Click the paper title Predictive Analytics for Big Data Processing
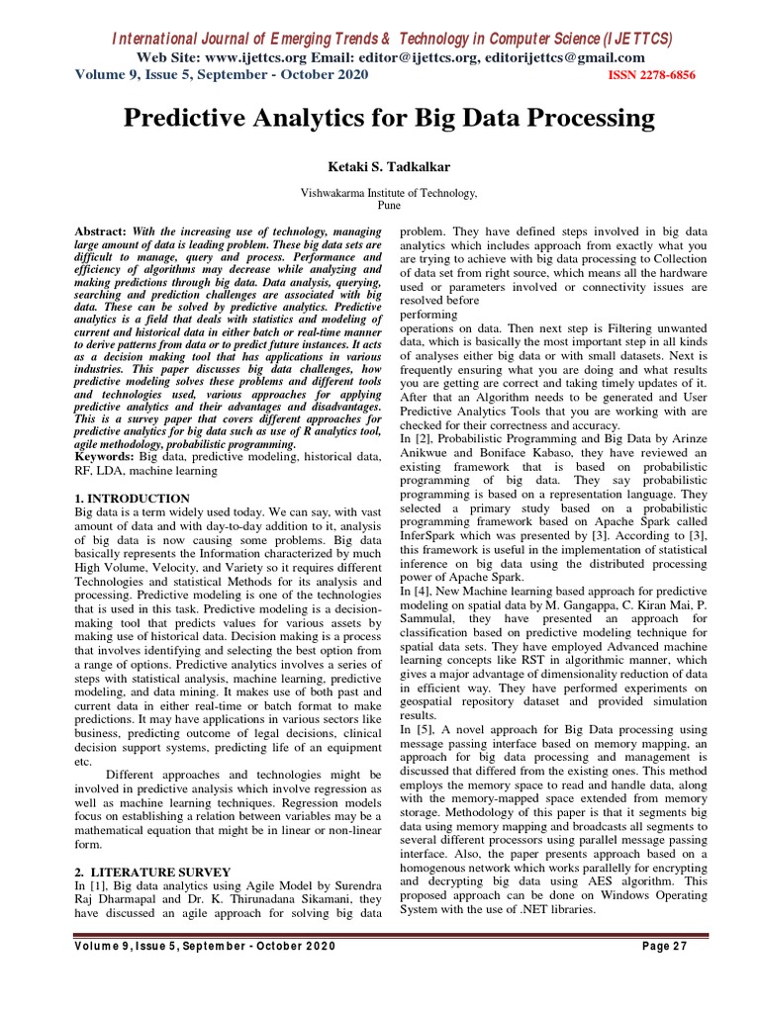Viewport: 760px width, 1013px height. pos(388,120)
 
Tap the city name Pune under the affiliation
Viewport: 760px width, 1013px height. pos(388,207)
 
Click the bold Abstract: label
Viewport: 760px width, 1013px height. pos(101,230)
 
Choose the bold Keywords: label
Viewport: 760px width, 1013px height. pos(106,458)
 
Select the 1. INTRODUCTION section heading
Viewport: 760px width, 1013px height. pos(133,499)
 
